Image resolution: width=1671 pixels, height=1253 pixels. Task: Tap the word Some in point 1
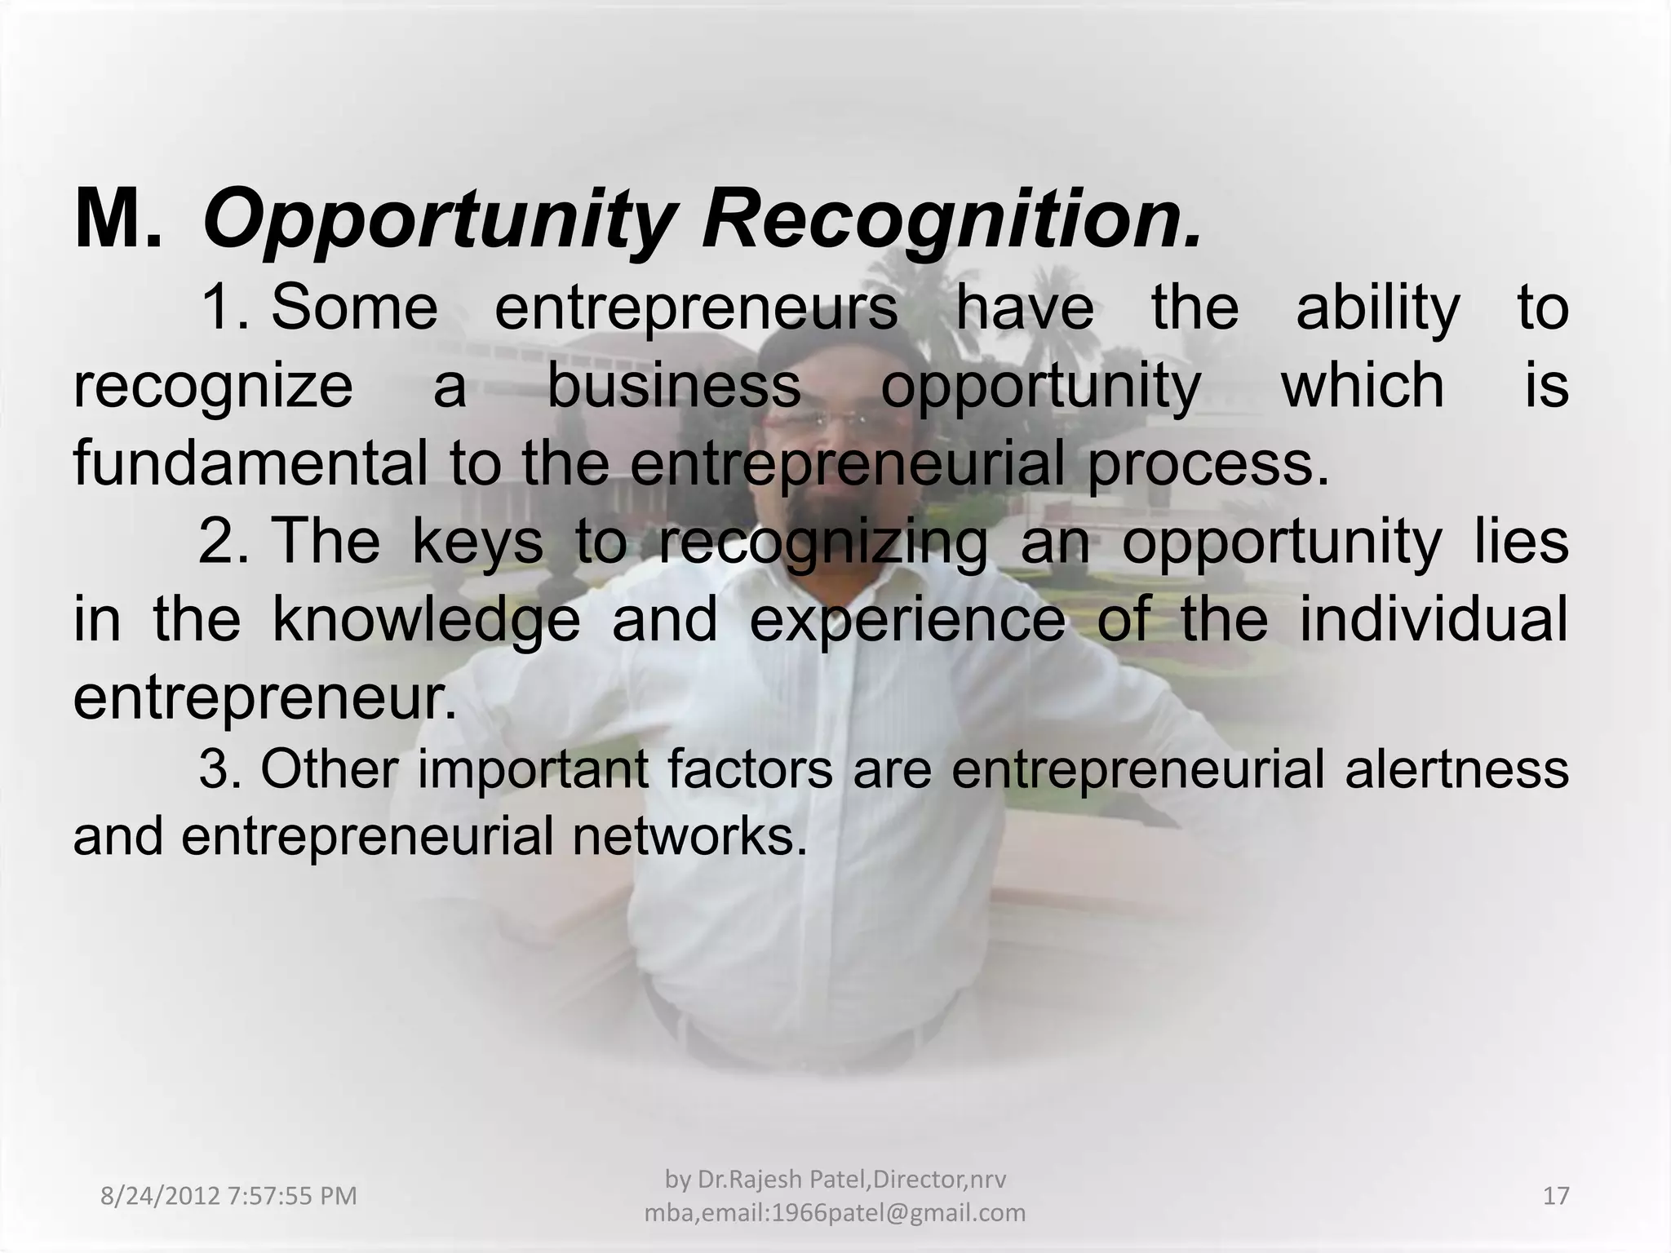click(354, 308)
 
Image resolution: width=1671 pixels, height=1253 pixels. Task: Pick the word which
click(1363, 385)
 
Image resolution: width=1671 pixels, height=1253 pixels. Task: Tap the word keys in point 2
click(477, 542)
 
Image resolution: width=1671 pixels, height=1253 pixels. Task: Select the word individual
click(1434, 618)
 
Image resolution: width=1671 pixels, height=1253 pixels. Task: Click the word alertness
click(1456, 769)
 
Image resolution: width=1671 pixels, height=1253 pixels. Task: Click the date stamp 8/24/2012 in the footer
click(160, 1196)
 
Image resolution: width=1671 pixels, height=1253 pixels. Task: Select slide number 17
click(1556, 1196)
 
